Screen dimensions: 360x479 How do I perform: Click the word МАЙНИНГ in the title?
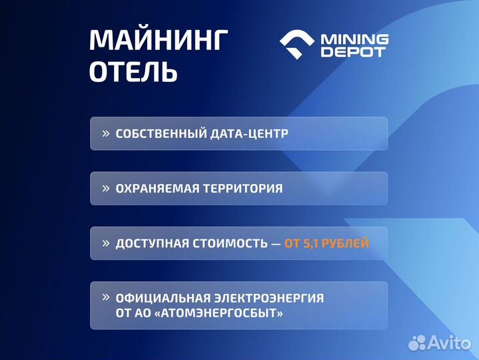coord(158,41)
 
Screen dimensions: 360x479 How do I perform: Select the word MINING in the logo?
coord(355,39)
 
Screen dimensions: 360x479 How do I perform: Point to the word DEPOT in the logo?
coord(353,53)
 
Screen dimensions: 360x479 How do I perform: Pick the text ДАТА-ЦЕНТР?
coord(250,133)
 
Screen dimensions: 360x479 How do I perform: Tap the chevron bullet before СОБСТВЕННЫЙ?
coord(105,133)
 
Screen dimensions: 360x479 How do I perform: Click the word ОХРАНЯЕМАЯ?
coord(156,189)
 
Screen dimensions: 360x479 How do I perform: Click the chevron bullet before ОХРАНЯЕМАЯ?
coord(105,188)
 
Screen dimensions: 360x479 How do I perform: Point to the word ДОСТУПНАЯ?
coord(151,243)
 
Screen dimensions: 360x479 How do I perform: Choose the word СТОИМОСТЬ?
coord(228,243)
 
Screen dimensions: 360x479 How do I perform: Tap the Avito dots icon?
coord(417,342)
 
